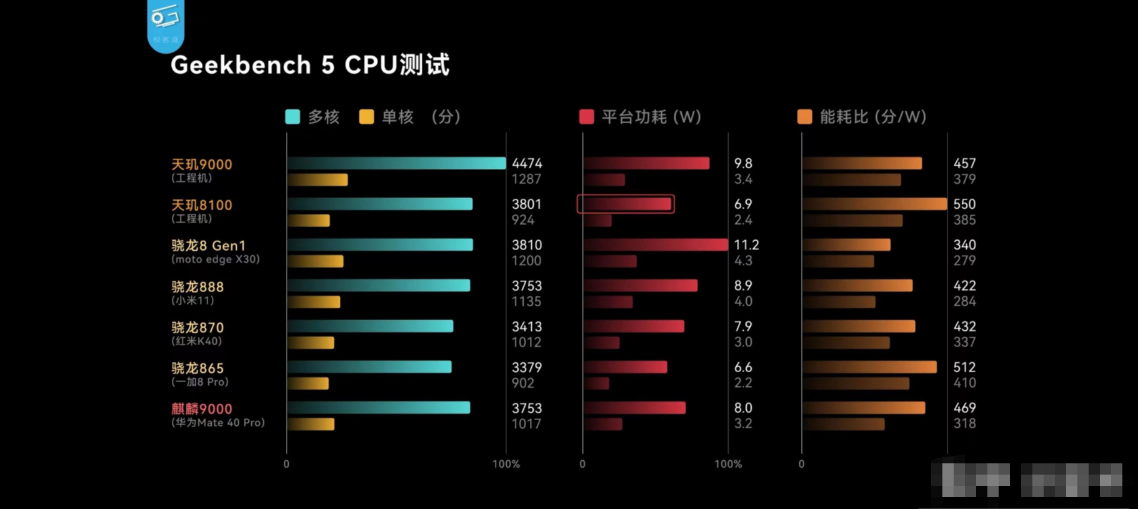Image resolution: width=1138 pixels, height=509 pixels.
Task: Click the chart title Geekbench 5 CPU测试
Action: [309, 65]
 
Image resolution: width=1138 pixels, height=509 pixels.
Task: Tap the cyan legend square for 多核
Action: [292, 117]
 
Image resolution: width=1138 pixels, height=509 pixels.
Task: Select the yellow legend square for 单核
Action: [366, 117]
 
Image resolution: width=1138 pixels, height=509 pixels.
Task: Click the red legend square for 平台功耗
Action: [586, 117]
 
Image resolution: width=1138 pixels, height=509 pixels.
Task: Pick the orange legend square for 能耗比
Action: [805, 117]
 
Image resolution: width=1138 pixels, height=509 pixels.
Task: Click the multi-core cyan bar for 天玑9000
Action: [396, 163]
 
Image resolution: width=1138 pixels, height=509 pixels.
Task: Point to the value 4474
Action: [527, 163]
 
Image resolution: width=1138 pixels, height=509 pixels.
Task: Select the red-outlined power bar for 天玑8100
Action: [626, 204]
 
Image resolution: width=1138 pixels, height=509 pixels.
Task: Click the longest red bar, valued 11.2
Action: [656, 244]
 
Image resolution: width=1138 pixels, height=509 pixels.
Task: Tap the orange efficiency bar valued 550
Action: [874, 204]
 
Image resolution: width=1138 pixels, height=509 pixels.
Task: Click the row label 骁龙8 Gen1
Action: [209, 246]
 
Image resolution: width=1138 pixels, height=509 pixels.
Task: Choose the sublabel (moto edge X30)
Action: [216, 260]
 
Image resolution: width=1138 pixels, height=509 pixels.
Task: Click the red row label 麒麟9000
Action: [202, 409]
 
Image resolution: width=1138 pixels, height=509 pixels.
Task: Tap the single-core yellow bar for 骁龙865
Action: [308, 383]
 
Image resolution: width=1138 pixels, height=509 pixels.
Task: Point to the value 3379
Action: [527, 367]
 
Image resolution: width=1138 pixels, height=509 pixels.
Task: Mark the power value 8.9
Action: [743, 286]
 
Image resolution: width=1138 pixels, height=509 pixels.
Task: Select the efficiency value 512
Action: [964, 367]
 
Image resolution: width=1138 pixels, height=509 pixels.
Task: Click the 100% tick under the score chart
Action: [506, 464]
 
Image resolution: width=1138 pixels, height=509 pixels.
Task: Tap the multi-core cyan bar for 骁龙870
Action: [370, 326]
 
